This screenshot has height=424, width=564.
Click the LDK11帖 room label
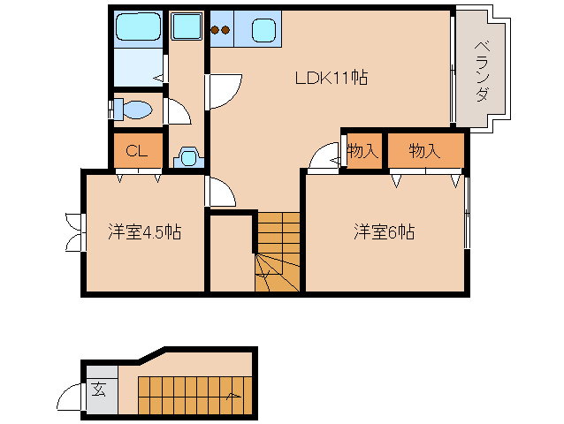tap(332, 78)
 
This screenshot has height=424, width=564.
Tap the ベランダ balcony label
tap(482, 72)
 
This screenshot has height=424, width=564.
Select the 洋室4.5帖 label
tap(145, 231)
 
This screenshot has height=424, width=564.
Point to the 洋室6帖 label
tap(385, 231)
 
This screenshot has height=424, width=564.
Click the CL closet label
tap(137, 151)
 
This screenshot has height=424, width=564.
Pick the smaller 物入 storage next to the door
tap(362, 150)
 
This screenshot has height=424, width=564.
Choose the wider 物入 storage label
tap(425, 150)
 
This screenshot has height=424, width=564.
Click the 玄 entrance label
tap(98, 390)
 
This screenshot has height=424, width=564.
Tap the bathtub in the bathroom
tap(139, 26)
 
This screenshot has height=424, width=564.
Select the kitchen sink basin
tap(264, 30)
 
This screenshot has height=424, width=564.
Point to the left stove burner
tap(215, 30)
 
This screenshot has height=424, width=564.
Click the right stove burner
tap(225, 30)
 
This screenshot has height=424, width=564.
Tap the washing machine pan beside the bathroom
tap(187, 26)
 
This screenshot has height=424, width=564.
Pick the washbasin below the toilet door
tap(188, 157)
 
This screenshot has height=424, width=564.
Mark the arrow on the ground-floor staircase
tap(233, 396)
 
